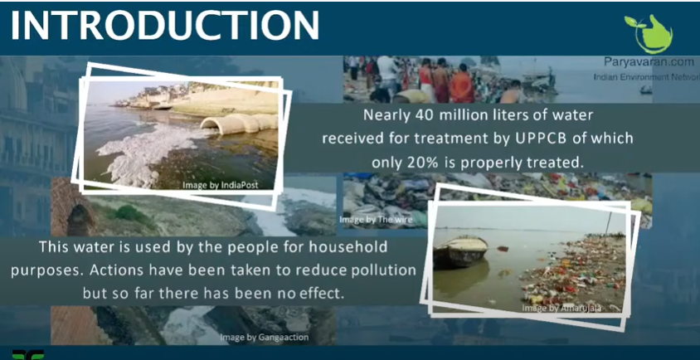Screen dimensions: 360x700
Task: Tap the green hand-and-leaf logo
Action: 648,33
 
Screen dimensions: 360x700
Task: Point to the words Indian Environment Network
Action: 642,76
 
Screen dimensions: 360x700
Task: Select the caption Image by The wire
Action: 371,220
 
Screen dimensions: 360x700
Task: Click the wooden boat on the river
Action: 460,248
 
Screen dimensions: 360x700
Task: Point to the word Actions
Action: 121,270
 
